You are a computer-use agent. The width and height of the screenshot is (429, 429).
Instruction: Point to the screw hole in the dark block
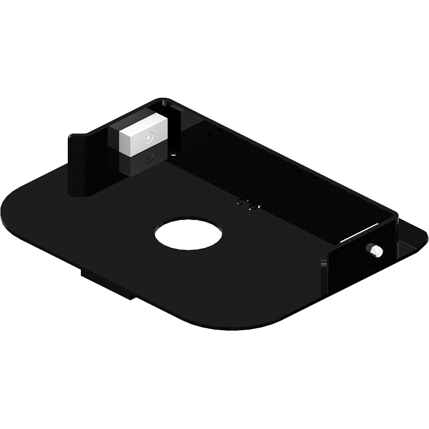148,160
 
